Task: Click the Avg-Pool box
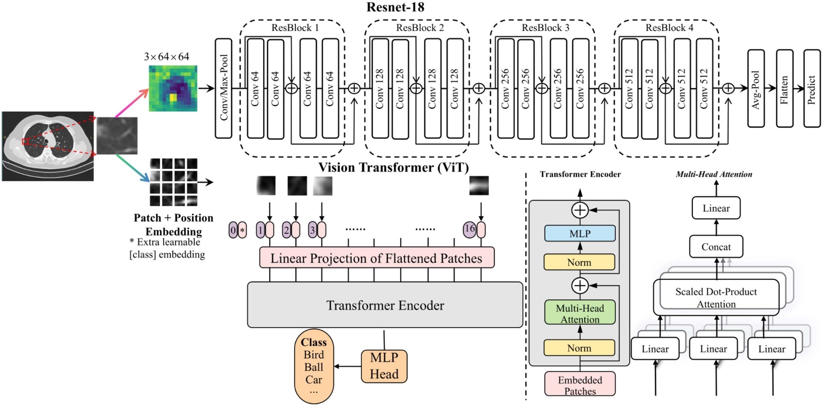tap(756, 89)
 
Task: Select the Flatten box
tap(784, 89)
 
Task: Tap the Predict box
tap(812, 89)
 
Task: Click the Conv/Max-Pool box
tap(223, 88)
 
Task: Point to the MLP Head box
tap(384, 366)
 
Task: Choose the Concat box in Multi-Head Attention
tap(716, 247)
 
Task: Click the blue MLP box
tap(580, 233)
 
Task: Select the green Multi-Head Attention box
tap(580, 313)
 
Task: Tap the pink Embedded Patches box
tap(580, 384)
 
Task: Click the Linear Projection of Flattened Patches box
tap(377, 258)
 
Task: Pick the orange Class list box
tap(314, 366)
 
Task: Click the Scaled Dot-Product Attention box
tap(716, 297)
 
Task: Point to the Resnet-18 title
tap(395, 7)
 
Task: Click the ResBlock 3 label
tap(545, 28)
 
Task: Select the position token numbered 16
tap(469, 229)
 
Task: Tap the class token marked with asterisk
tap(242, 230)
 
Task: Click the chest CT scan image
tap(48, 146)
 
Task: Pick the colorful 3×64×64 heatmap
tap(173, 88)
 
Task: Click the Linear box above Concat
tap(716, 208)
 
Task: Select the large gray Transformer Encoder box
tap(385, 305)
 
